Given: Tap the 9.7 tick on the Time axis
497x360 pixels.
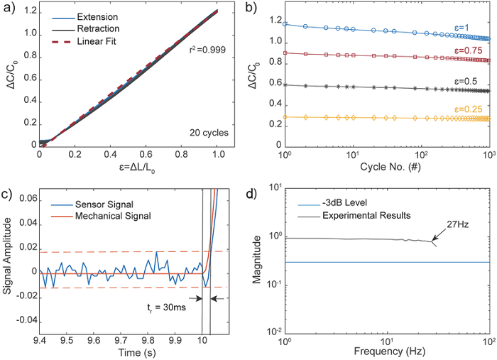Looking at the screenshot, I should tap(121, 340).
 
